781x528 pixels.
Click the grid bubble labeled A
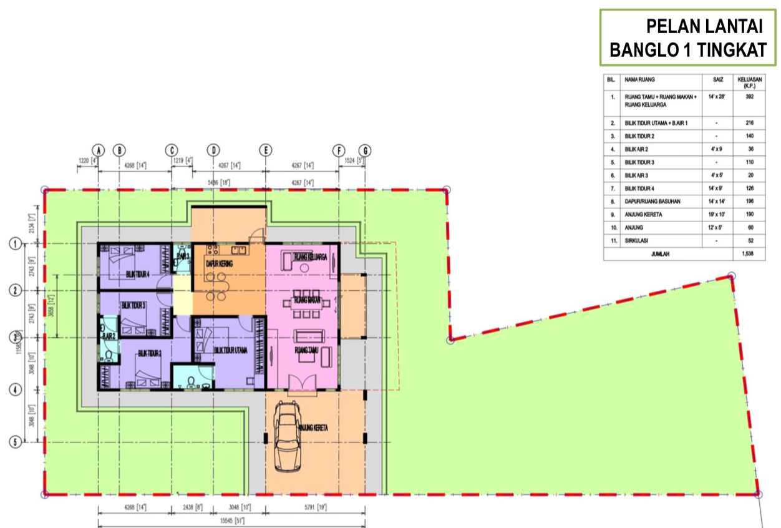click(x=98, y=150)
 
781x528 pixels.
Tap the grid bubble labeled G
click(x=366, y=150)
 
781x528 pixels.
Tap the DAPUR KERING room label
click(x=219, y=264)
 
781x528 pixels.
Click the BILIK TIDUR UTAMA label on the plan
click(x=231, y=351)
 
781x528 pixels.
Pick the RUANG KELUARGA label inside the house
click(x=311, y=256)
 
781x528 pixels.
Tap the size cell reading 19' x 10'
click(x=716, y=214)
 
